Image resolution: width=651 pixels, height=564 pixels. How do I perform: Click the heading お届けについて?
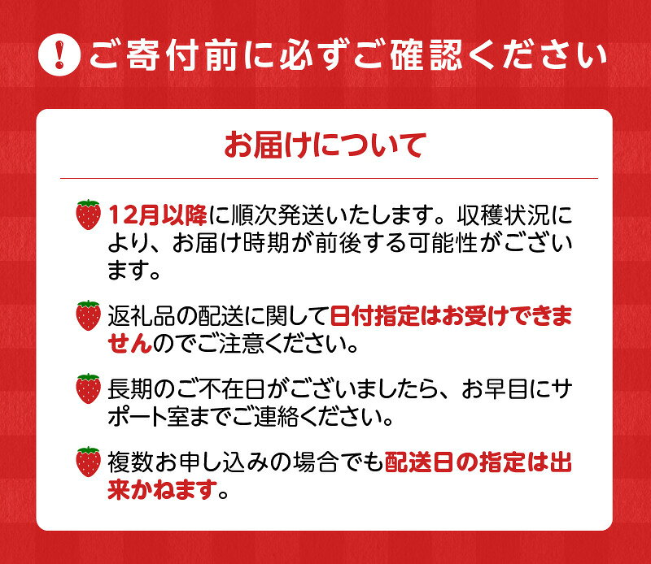point(325,148)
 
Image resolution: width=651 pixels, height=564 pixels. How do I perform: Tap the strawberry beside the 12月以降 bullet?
point(88,215)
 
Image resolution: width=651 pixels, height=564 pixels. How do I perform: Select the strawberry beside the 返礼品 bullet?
point(88,315)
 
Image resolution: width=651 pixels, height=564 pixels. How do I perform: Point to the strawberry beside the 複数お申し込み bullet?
point(88,462)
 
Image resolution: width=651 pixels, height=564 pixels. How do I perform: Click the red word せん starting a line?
point(130,343)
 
